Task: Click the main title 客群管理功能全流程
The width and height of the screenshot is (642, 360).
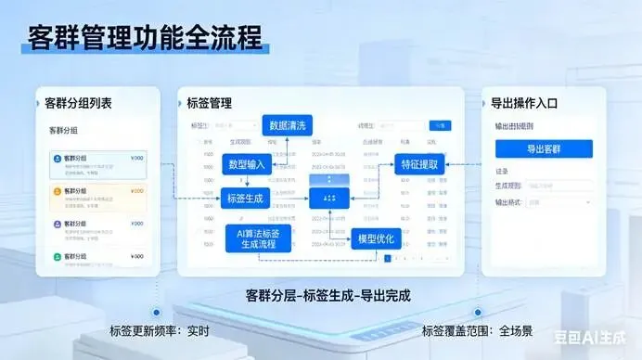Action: [x=145, y=39]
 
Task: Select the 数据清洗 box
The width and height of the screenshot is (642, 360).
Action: [x=288, y=124]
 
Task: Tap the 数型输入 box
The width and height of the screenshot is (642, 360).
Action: [x=247, y=163]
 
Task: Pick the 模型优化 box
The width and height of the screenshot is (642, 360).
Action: [x=376, y=238]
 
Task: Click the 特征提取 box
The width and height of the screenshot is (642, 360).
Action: [x=420, y=164]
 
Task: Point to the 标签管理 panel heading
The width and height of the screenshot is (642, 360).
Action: [x=209, y=102]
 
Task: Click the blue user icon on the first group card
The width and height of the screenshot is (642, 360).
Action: [x=58, y=160]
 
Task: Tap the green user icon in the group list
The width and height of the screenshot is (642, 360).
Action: [x=58, y=257]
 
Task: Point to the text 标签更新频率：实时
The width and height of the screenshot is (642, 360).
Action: [x=160, y=331]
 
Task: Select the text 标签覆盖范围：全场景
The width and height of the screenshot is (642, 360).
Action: [x=478, y=331]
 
